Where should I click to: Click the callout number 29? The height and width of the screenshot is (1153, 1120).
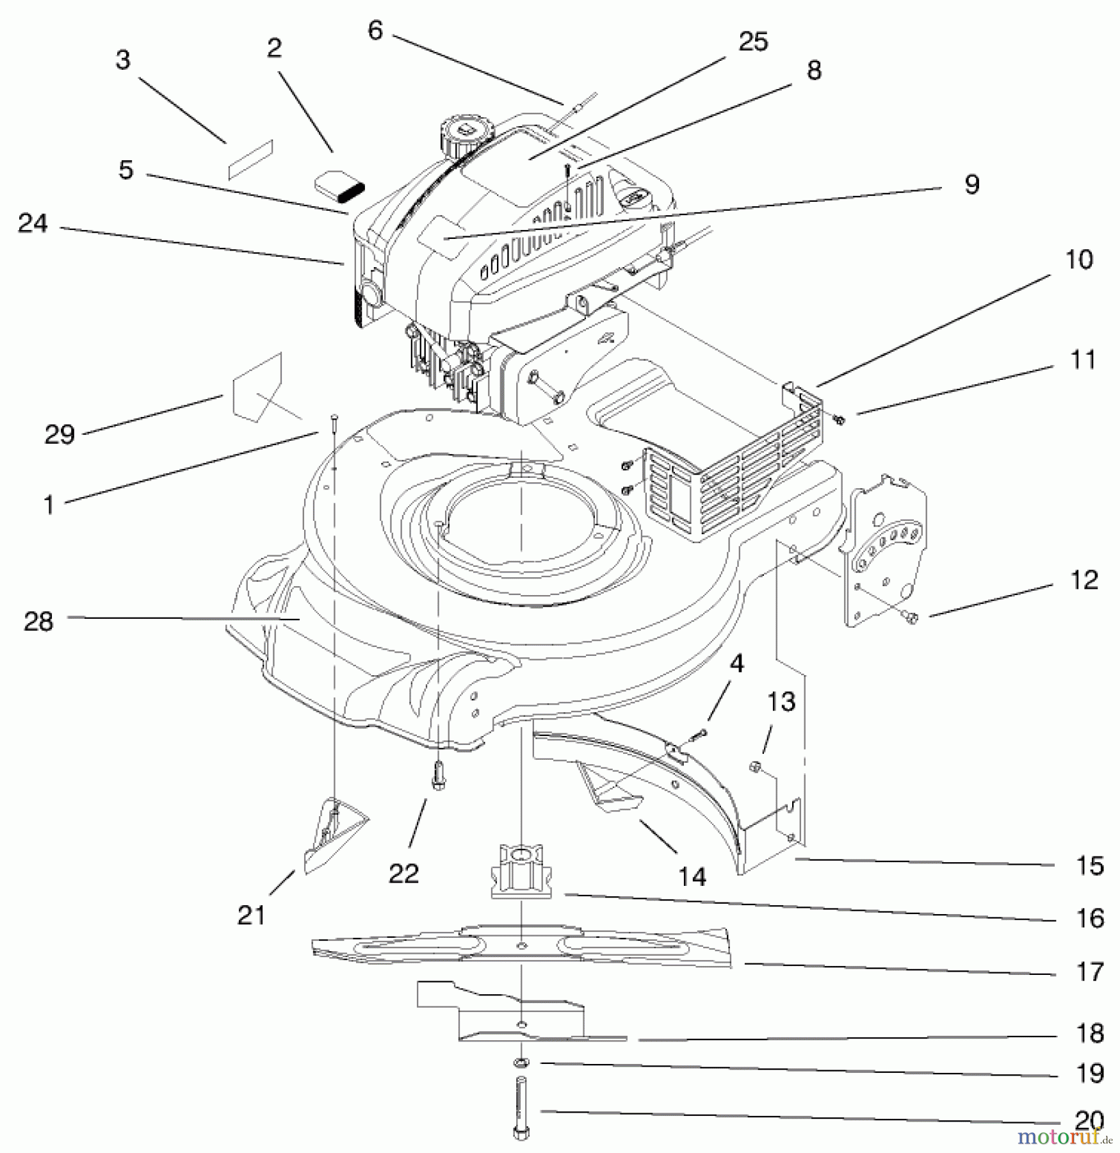point(60,435)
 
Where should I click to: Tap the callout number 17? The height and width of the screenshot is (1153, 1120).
point(1089,972)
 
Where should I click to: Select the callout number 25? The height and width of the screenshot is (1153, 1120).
point(752,42)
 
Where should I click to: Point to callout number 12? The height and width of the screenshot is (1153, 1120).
point(1083,580)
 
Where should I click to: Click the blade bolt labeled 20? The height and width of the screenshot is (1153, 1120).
point(521,1113)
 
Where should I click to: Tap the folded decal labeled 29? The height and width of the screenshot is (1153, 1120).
point(257,388)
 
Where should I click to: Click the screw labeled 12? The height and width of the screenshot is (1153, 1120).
point(911,617)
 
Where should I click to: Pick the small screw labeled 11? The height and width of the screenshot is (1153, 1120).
point(839,420)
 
